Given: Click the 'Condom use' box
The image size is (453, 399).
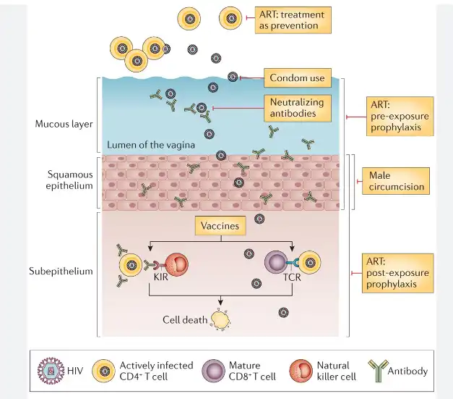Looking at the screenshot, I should pyautogui.click(x=296, y=77).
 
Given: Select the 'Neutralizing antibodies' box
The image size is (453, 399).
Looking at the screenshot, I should pyautogui.click(x=296, y=108).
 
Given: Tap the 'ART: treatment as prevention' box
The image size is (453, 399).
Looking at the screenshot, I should pyautogui.click(x=293, y=20).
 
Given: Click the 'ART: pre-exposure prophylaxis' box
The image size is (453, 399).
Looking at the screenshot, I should pyautogui.click(x=400, y=116).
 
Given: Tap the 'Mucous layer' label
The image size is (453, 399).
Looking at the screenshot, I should pyautogui.click(x=64, y=123).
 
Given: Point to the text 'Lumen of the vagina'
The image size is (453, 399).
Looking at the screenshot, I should pyautogui.click(x=151, y=145).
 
